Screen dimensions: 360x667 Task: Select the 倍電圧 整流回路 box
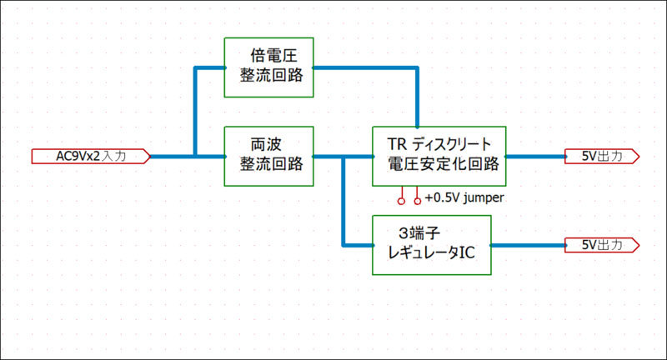click(269, 67)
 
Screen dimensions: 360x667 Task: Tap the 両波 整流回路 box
click(269, 156)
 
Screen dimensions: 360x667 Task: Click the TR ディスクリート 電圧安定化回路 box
click(439, 156)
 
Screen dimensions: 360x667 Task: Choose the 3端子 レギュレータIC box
click(431, 245)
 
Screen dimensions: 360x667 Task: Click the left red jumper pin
click(401, 200)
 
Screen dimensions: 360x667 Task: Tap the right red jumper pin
click(418, 200)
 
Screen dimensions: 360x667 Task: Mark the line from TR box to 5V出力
click(534, 156)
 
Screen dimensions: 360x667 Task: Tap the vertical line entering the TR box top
click(417, 100)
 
